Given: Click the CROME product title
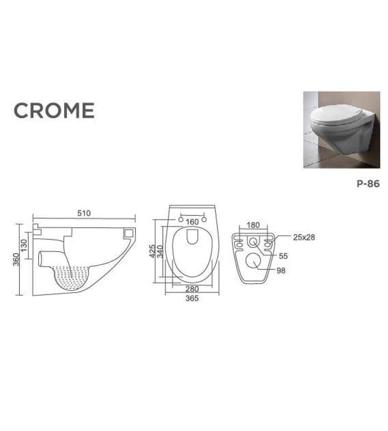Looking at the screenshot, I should [x=54, y=111].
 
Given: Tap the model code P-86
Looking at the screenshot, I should [x=368, y=184].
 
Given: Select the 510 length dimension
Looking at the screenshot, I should [x=84, y=212].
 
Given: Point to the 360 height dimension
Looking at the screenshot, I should [x=16, y=259].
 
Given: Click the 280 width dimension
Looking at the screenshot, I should [x=192, y=289].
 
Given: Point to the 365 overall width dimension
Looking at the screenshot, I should [x=192, y=298].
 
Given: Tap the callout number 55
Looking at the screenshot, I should [x=282, y=256].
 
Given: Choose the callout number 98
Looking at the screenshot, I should [x=281, y=271].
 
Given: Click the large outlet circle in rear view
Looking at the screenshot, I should [x=253, y=260].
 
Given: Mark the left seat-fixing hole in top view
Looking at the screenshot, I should [x=180, y=220].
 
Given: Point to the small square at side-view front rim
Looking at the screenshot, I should [x=128, y=233].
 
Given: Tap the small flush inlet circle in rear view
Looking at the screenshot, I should [x=253, y=242].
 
